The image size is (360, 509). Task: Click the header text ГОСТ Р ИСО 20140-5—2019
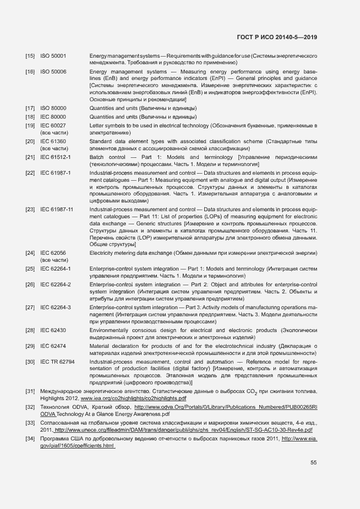pos(277,37)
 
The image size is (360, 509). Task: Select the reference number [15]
pos(30,56)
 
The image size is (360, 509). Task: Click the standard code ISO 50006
pos(53,72)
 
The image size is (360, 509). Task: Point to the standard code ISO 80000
pos(53,108)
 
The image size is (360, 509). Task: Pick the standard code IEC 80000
pos(53,117)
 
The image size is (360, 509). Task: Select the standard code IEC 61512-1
pos(56,157)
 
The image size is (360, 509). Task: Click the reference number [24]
pos(30,253)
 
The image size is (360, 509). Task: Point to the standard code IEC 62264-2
pos(56,285)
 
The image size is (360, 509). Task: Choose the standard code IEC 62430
pos(53,330)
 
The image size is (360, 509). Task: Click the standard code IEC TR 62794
pos(58,362)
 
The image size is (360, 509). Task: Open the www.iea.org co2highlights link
pos(133,398)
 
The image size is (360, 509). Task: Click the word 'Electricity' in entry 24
pos(103,253)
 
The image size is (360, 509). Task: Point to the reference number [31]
pos(30,391)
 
